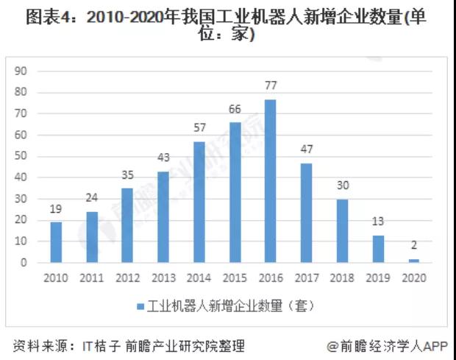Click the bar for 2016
pyautogui.click(x=271, y=181)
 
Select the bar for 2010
pyautogui.click(x=56, y=242)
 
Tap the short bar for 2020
pyautogui.click(x=414, y=261)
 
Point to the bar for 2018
pyautogui.click(x=343, y=230)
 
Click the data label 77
pyautogui.click(x=271, y=87)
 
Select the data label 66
pyautogui.click(x=235, y=110)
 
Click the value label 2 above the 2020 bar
pyautogui.click(x=414, y=247)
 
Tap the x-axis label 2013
pyautogui.click(x=163, y=278)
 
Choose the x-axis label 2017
pyautogui.click(x=307, y=278)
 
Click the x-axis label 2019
pyautogui.click(x=378, y=278)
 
